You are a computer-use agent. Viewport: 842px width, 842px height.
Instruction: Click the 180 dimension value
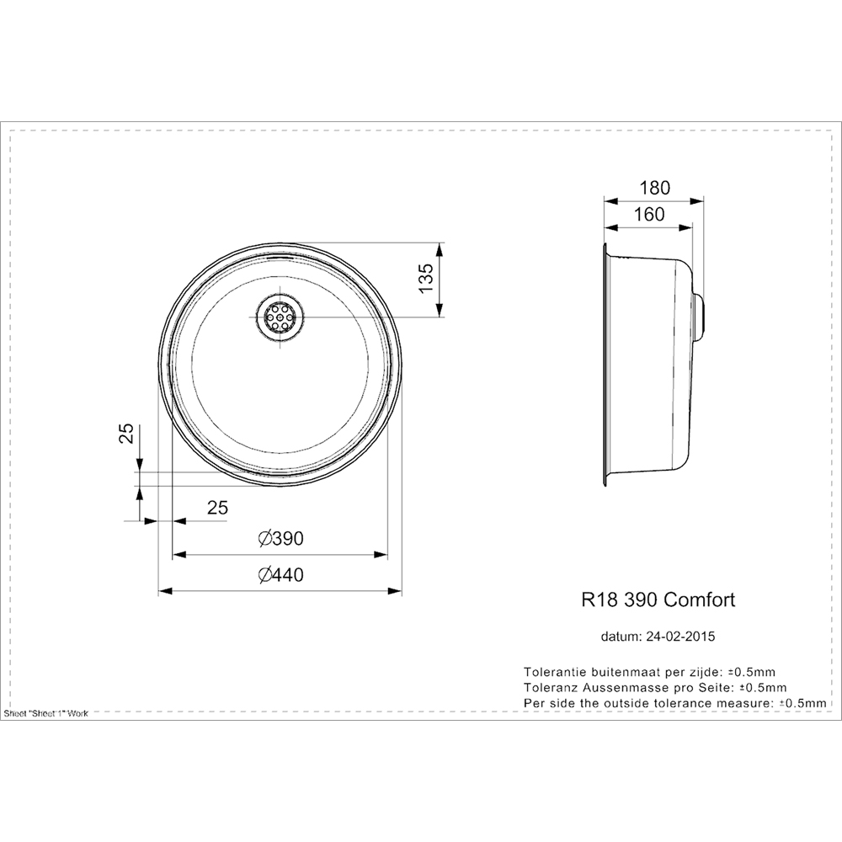pos(654,186)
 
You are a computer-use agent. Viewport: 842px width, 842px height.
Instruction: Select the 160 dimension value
pos(648,214)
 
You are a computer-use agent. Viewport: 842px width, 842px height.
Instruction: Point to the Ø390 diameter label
pos(280,539)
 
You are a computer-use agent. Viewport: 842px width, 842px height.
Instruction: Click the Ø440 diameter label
pos(280,575)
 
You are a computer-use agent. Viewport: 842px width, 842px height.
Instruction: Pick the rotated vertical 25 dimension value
pos(125,433)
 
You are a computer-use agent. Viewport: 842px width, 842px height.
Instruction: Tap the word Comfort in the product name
pos(700,600)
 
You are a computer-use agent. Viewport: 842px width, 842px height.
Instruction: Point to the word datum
pos(621,637)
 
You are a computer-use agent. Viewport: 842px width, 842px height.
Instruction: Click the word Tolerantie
pos(553,672)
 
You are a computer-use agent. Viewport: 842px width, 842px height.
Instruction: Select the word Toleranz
pos(551,687)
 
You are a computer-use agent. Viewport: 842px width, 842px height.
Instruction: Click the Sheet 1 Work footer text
pos(46,713)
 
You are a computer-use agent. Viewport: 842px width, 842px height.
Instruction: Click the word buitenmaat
pos(624,672)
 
